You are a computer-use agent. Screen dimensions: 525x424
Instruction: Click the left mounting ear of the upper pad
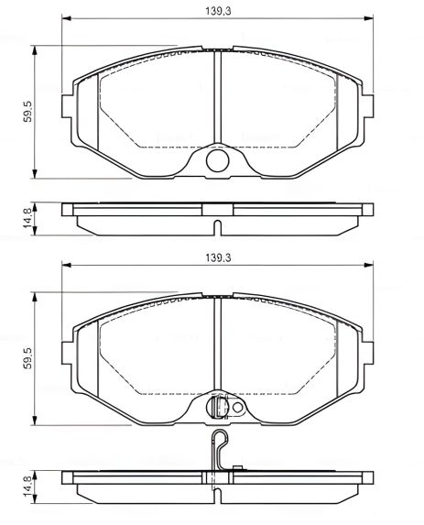click(67, 108)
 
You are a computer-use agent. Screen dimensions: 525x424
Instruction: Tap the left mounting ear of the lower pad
click(67, 352)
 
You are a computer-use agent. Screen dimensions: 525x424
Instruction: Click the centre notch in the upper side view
click(218, 228)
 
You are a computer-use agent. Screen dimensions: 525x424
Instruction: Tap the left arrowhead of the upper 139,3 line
click(64, 17)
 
